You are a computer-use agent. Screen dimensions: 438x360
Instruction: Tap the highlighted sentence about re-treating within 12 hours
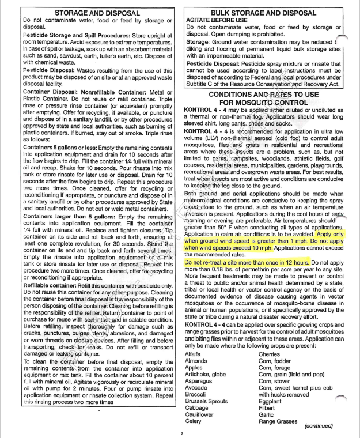tap(233, 262)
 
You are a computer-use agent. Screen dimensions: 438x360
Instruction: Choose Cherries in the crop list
tap(271, 353)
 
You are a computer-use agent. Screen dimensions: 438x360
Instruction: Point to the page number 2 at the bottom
tap(181, 435)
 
